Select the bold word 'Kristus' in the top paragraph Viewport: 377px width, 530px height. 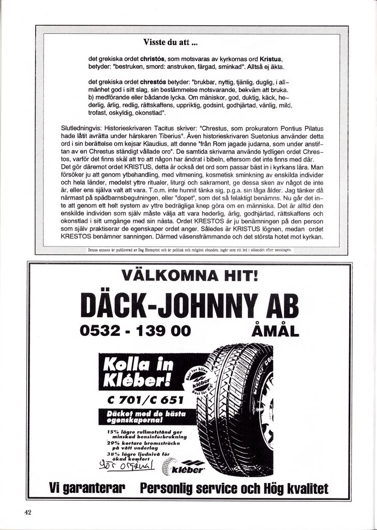(270, 59)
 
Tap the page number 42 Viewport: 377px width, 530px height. (28, 512)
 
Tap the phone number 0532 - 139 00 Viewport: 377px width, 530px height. (135, 330)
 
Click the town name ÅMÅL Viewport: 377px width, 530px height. (275, 330)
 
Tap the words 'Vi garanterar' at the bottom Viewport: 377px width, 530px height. (87, 488)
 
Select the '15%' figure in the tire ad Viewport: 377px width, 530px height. (113, 432)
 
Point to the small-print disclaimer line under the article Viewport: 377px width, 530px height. (189, 249)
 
